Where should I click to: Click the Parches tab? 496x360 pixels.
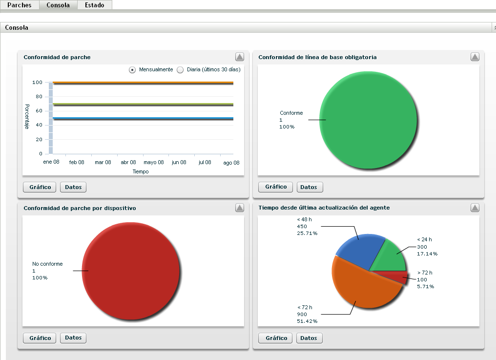(20, 5)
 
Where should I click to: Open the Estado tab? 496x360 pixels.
(94, 5)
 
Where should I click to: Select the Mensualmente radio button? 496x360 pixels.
(132, 70)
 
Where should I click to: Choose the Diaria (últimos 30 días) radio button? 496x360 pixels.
(180, 70)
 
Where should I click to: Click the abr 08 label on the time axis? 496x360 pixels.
(128, 162)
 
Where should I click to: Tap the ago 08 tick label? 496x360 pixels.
(231, 163)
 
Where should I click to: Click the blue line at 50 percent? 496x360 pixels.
(142, 119)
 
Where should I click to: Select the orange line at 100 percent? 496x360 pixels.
(142, 83)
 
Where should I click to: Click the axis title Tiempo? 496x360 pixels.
(141, 171)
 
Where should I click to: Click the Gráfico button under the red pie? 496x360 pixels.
(40, 338)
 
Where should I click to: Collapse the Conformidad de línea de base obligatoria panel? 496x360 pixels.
(475, 57)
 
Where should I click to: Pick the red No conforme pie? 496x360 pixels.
(132, 271)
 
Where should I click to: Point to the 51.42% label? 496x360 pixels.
(307, 321)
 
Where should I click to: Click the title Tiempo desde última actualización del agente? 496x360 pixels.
(324, 208)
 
